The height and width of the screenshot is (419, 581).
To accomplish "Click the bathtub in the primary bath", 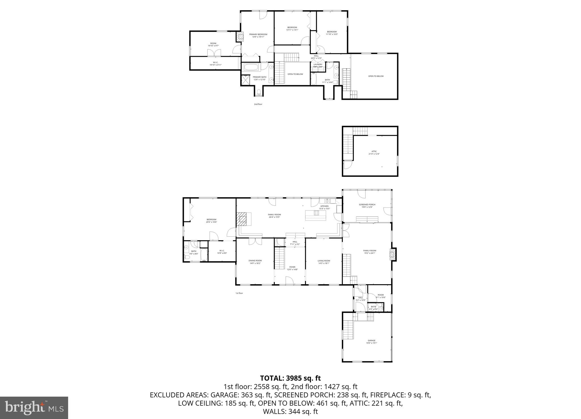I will click(x=251, y=68).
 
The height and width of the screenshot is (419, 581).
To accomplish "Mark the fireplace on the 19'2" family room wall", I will click(x=393, y=254).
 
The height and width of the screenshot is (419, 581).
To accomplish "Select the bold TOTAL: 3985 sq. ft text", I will click(x=290, y=378).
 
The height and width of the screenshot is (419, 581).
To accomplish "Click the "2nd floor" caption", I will click(x=258, y=104).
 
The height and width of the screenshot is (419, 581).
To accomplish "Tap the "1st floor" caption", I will click(x=239, y=293).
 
